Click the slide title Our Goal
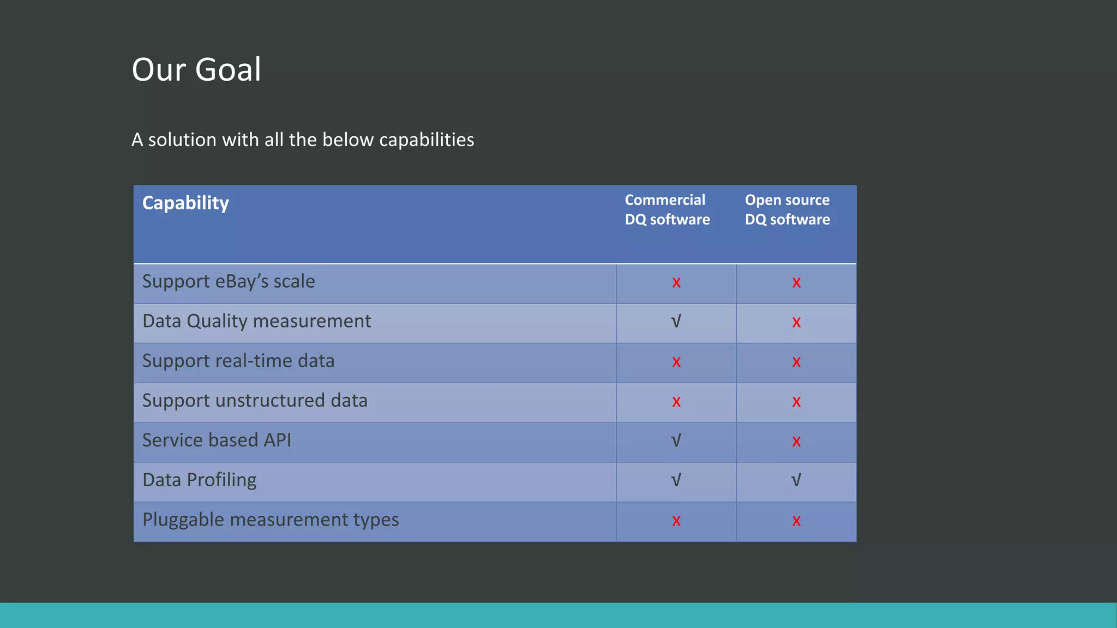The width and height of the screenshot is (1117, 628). click(x=196, y=70)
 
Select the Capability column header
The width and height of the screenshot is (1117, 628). click(x=185, y=203)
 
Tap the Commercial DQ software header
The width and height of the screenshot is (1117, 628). click(x=667, y=209)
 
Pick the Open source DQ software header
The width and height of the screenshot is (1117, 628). click(x=787, y=209)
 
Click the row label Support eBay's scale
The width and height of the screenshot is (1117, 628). click(x=229, y=281)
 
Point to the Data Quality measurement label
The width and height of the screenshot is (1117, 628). click(x=256, y=321)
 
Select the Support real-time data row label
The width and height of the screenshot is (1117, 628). click(x=238, y=361)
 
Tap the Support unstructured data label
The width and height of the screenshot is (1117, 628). click(x=255, y=401)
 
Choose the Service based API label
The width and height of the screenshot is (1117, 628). click(x=217, y=440)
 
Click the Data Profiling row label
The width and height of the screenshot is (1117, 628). click(x=199, y=480)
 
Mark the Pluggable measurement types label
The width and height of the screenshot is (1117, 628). click(x=271, y=520)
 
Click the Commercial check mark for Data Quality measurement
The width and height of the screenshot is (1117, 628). click(x=676, y=322)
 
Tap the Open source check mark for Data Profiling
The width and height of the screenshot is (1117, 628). click(x=796, y=480)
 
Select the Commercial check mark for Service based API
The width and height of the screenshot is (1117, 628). click(x=676, y=440)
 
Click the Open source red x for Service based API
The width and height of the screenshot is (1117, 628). click(x=796, y=441)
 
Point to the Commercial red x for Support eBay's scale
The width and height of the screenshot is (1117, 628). click(x=676, y=282)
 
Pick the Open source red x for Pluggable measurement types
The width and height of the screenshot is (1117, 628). click(x=796, y=521)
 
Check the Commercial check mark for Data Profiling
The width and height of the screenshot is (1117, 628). click(x=676, y=480)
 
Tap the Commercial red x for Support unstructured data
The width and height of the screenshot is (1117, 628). click(x=676, y=402)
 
